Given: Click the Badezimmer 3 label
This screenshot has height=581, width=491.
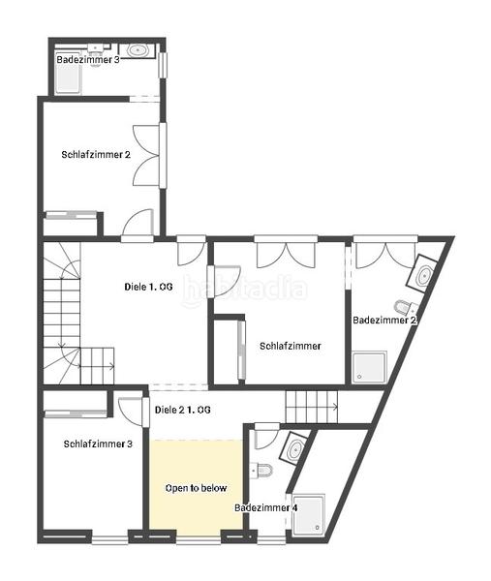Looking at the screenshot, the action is (x=88, y=60).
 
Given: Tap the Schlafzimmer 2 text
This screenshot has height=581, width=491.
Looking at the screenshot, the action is (x=96, y=155).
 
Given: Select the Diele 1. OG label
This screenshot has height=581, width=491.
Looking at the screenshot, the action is (x=148, y=287).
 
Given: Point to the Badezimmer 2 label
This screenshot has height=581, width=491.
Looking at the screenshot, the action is (x=384, y=321).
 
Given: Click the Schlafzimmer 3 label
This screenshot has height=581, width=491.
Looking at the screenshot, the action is (x=98, y=443).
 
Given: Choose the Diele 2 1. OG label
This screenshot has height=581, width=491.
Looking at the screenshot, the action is (x=183, y=410).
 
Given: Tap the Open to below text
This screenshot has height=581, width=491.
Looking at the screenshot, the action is (x=196, y=488).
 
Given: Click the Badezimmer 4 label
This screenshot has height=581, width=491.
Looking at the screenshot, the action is (x=266, y=507).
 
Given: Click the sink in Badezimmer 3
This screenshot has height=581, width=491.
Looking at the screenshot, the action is (x=138, y=50).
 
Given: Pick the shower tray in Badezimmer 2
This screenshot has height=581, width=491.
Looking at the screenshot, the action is (x=369, y=367).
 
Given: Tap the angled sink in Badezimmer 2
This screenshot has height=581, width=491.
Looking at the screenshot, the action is (x=422, y=274).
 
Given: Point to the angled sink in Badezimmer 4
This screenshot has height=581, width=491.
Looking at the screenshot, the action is (x=294, y=447).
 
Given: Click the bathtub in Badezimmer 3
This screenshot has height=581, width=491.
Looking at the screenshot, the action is (x=68, y=78).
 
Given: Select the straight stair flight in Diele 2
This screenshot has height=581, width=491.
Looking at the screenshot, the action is (x=311, y=407).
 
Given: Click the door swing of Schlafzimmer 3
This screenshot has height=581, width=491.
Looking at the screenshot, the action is (x=131, y=410).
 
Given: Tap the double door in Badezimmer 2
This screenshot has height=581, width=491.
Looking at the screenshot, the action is (x=385, y=256).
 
